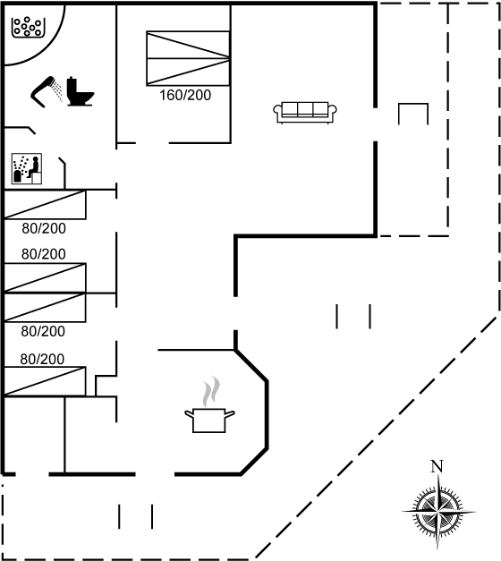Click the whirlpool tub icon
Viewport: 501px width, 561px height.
coord(29,27)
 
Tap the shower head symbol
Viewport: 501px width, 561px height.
coord(46,91)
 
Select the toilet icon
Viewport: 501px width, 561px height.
coord(81,91)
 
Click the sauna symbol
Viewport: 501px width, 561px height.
coord(27,168)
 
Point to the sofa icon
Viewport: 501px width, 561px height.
coord(305,113)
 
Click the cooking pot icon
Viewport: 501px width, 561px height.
coord(209,420)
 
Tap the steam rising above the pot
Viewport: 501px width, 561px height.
coord(211,392)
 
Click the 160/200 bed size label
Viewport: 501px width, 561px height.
coord(185,95)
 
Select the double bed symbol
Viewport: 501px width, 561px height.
coord(188,58)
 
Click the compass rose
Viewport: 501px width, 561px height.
coord(438,512)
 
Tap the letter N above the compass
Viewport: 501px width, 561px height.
coord(437,466)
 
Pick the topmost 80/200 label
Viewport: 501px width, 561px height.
coord(44,228)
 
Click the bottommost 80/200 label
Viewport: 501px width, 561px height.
coord(42,359)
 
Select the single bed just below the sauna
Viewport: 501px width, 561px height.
coord(45,204)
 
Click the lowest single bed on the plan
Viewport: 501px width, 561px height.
coord(45,381)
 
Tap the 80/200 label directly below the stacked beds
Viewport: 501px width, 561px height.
coord(43,331)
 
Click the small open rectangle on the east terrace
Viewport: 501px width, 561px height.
coord(413,104)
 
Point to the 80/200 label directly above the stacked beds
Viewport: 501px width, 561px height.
coord(43,254)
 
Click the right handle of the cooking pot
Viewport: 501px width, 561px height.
coord(230,414)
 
